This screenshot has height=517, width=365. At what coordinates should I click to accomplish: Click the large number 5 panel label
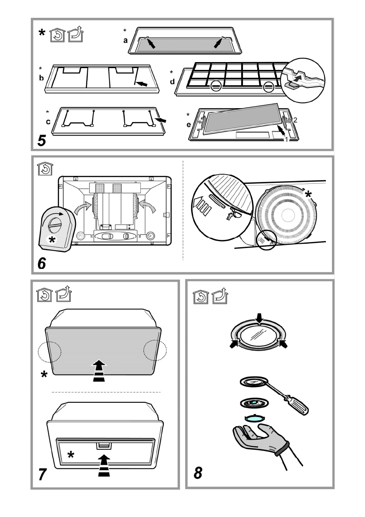42,140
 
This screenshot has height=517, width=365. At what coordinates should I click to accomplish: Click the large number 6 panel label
42,263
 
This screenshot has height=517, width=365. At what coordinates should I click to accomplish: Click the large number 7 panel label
42,474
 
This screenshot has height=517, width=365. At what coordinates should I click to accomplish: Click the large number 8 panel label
198,472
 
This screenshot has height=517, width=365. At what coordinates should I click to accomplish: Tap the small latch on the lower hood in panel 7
103,446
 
